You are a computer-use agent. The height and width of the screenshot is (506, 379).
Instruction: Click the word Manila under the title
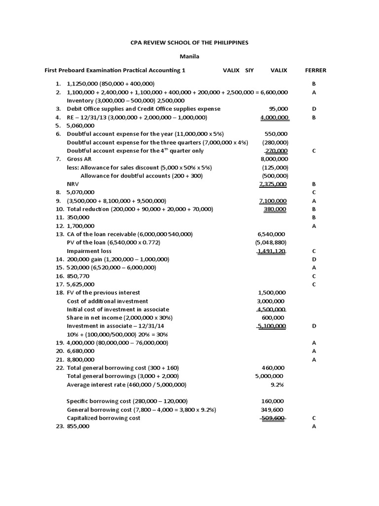click(x=189, y=56)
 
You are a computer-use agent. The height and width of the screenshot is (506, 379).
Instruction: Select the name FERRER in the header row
click(x=315, y=71)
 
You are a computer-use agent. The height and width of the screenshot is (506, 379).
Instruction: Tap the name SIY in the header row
click(x=249, y=71)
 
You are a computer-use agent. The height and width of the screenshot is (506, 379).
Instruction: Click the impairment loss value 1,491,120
click(x=271, y=251)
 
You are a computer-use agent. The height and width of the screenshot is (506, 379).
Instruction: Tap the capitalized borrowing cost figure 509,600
click(x=273, y=418)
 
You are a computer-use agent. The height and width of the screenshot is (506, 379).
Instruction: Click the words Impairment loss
click(x=89, y=251)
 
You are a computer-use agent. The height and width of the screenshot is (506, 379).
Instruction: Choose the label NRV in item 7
click(x=73, y=184)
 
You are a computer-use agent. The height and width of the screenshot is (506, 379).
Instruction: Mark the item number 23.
click(x=60, y=426)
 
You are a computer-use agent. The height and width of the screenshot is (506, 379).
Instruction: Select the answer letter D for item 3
click(x=314, y=109)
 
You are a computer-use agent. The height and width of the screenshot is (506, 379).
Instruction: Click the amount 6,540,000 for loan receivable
click(x=271, y=234)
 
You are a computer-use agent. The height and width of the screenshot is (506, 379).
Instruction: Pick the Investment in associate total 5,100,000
click(x=271, y=326)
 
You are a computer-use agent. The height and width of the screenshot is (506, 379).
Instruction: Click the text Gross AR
click(x=79, y=159)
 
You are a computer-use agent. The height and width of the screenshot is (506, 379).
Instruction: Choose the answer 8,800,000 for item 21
click(x=81, y=360)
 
